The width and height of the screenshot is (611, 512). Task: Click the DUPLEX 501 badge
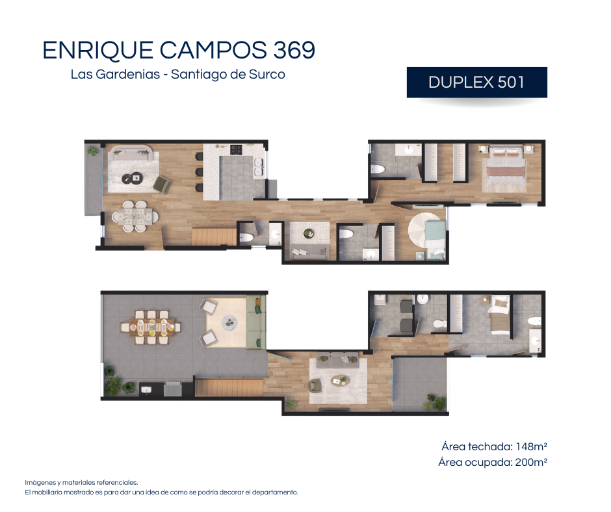tap(476, 83)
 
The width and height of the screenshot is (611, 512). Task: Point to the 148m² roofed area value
tap(532, 446)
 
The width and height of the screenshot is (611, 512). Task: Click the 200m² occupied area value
tap(531, 462)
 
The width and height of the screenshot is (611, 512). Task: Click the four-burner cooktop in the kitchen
tap(236, 149)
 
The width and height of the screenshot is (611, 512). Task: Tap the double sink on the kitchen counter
tap(259, 167)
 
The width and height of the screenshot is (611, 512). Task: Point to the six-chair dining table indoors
tap(135, 216)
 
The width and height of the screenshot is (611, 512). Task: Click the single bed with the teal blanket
tap(435, 239)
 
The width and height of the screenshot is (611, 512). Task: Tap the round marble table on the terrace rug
tap(229, 322)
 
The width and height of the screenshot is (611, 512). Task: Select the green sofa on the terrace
tap(256, 322)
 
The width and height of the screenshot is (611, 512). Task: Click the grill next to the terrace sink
tap(173, 389)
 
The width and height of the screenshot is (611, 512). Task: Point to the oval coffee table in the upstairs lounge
tap(340, 380)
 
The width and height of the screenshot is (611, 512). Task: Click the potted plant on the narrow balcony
tap(93, 150)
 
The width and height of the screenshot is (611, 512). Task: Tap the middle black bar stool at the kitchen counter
tap(199, 172)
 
